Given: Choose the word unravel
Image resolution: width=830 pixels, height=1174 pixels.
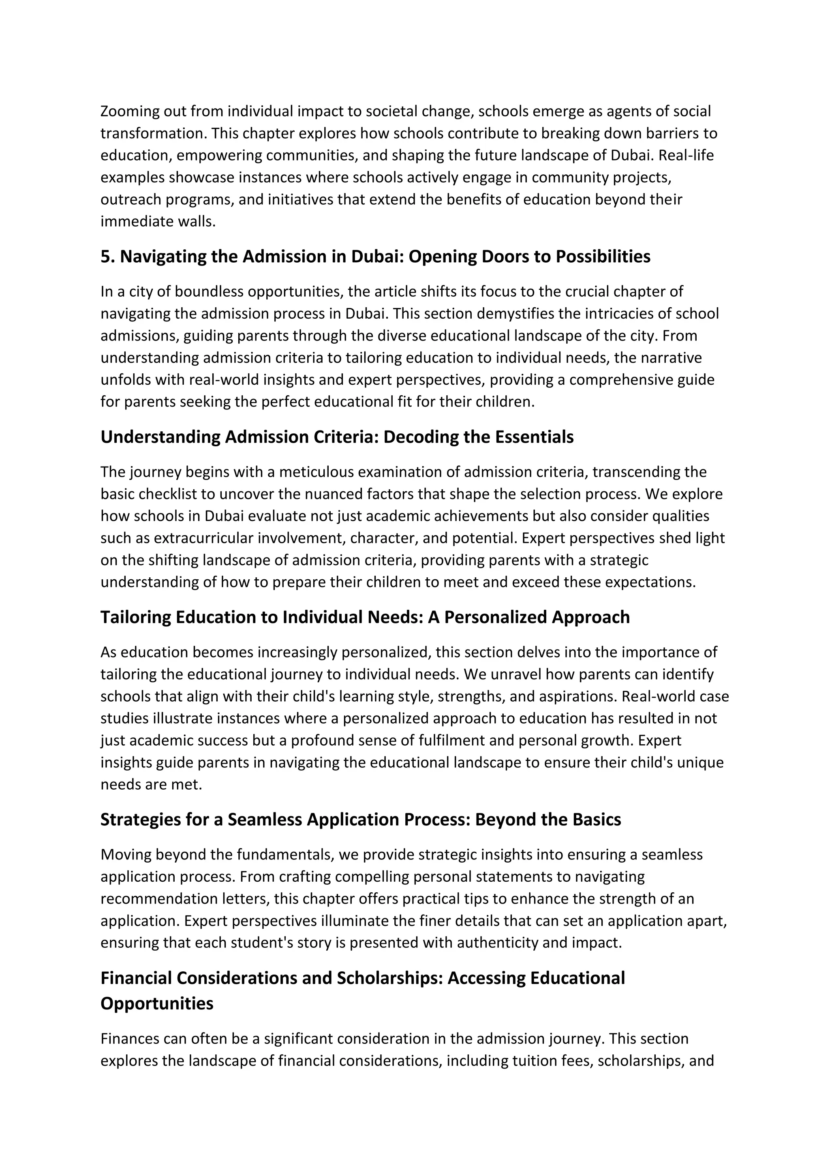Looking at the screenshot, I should (515, 675).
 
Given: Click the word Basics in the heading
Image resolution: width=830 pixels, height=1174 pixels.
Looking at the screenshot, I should (597, 819).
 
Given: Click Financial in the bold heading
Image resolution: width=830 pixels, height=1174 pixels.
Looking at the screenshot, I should (137, 978).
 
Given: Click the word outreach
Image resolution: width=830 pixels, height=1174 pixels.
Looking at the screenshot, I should (130, 199).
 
